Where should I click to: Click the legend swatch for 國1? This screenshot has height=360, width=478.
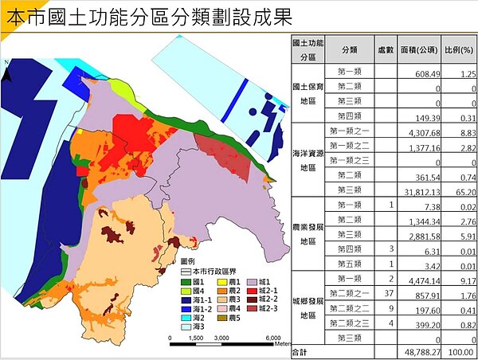(x=187, y=283)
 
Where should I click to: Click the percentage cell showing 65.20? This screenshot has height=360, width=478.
(x=462, y=190)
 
